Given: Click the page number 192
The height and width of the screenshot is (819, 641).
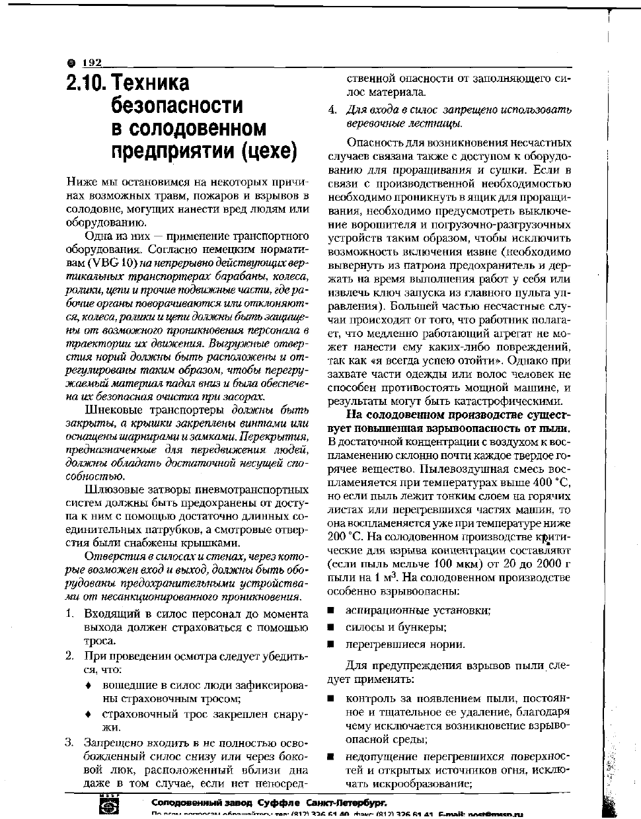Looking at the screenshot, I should point(92,63).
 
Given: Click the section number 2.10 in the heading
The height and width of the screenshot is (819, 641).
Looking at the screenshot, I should point(87,84).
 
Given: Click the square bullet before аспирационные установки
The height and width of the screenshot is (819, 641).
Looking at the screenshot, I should point(330,611).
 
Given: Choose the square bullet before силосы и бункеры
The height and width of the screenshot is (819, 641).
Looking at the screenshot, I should point(330,627).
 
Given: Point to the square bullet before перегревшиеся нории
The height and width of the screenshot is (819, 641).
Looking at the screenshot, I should point(330,645).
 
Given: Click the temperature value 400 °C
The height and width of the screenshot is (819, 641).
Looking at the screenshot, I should point(552,481).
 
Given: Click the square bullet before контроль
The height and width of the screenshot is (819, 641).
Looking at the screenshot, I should point(330,699).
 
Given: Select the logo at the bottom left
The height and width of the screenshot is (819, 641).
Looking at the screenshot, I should point(108,806).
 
